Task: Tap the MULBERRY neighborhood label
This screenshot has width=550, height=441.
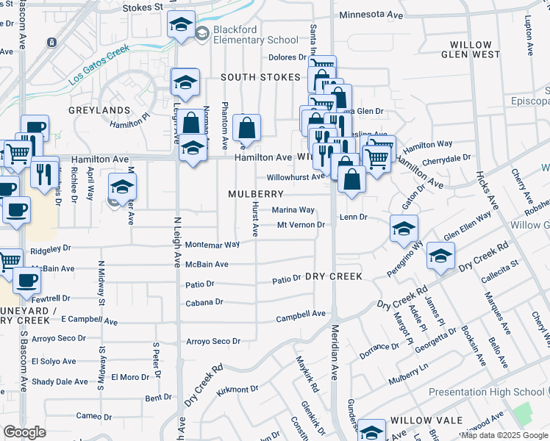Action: pyautogui.click(x=256, y=194)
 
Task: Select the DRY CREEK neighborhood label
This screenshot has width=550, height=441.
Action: pyautogui.click(x=334, y=276)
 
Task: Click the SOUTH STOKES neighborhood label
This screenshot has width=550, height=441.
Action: pyautogui.click(x=261, y=77)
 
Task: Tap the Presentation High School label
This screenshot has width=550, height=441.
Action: pyautogui.click(x=486, y=392)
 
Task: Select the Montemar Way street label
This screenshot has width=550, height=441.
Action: pyautogui.click(x=213, y=245)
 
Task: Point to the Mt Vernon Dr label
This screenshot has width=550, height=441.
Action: pyautogui.click(x=301, y=225)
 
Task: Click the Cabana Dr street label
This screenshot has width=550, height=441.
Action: pyautogui.click(x=204, y=302)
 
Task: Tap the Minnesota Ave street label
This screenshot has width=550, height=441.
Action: pyautogui.click(x=371, y=14)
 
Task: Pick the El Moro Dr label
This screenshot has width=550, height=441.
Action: pyautogui.click(x=130, y=377)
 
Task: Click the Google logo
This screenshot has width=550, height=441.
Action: pyautogui.click(x=24, y=432)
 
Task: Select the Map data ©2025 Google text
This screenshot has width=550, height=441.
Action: pyautogui.click(x=504, y=435)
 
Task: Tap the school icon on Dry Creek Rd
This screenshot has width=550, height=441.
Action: pyautogui.click(x=440, y=256)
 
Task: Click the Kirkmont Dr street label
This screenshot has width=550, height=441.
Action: pyautogui.click(x=238, y=389)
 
